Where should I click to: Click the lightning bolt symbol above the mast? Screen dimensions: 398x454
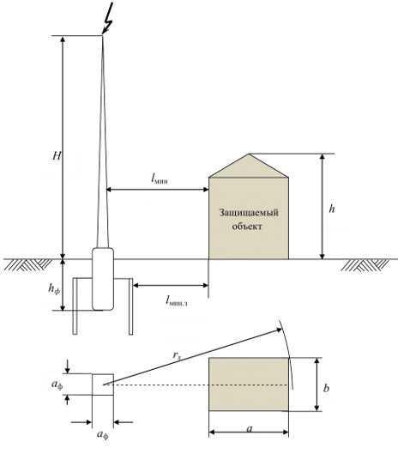[x=108, y=19]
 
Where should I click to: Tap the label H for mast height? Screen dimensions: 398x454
[x=57, y=156]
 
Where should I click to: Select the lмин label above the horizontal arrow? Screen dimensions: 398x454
[x=160, y=179]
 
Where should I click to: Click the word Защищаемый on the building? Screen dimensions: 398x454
[x=249, y=213]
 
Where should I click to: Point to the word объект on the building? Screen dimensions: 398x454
[x=247, y=226]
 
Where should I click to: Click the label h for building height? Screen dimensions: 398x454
[x=332, y=209]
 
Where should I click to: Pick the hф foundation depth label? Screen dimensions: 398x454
[x=54, y=288]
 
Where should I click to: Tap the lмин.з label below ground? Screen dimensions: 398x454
[x=177, y=301]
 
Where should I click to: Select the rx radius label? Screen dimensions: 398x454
[x=178, y=355]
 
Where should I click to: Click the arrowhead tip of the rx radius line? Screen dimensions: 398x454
[x=282, y=329]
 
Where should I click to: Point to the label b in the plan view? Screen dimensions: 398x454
[x=326, y=387]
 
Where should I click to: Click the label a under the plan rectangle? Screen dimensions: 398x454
[x=250, y=428]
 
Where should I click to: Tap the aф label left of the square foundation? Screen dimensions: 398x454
[x=57, y=384]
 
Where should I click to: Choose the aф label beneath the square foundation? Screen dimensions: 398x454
[x=103, y=434]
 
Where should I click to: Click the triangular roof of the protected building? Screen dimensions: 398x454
[x=249, y=166]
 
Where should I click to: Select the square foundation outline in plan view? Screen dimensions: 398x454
[x=103, y=374]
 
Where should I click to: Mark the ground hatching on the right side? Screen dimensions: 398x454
[x=365, y=265]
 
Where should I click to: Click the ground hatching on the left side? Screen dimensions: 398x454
[x=27, y=265]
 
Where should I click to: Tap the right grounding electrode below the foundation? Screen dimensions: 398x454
[x=130, y=306]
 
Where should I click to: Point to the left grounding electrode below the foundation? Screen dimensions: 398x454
[x=75, y=306]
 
